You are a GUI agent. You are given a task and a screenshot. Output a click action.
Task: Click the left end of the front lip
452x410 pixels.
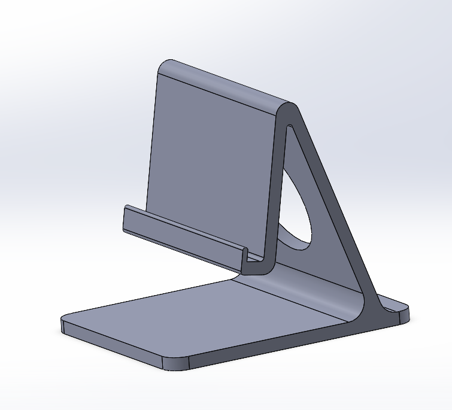click(x=126, y=219)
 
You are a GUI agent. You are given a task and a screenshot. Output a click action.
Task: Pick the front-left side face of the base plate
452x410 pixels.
click(x=114, y=344)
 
